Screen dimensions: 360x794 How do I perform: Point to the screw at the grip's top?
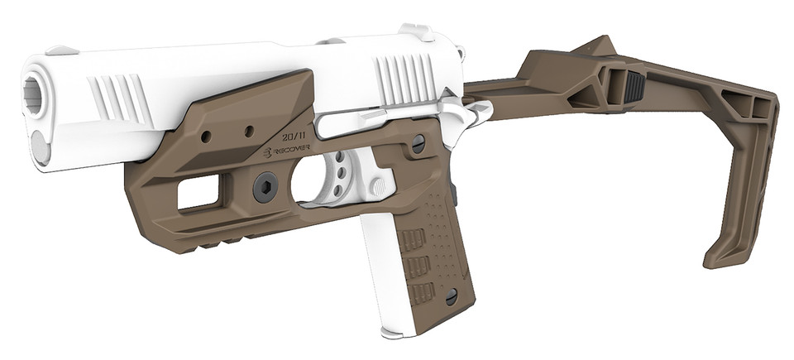point(419,142)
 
